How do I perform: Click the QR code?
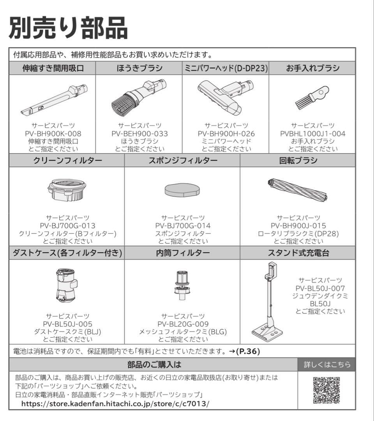pyautogui.click(x=326, y=390)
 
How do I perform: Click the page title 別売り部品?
pyautogui.click(x=68, y=28)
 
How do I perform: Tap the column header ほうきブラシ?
pyautogui.click(x=139, y=69)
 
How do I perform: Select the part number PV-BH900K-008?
pyautogui.click(x=53, y=134)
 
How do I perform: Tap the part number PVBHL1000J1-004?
pyautogui.click(x=312, y=134)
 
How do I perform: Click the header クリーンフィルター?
pyautogui.click(x=67, y=161)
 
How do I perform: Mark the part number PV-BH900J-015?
pyautogui.click(x=298, y=226)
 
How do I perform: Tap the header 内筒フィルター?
pyautogui.click(x=182, y=253)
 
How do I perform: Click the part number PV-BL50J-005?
pyautogui.click(x=67, y=324)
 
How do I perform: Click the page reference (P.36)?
pyautogui.click(x=248, y=351)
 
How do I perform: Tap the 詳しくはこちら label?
pyautogui.click(x=327, y=365)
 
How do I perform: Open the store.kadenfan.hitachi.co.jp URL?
pyautogui.click(x=115, y=403)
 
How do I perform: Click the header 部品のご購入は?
pyautogui.click(x=154, y=365)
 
